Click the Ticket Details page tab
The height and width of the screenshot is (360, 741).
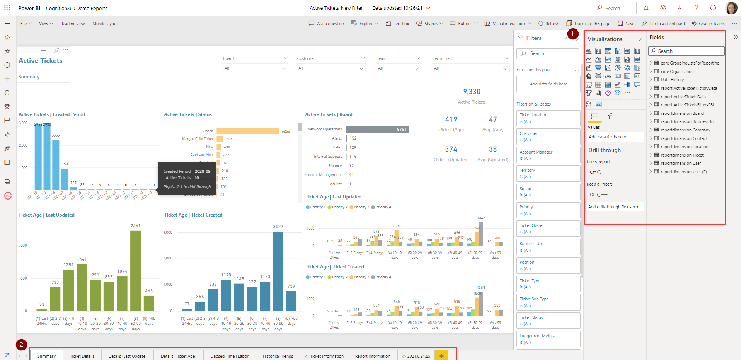82,356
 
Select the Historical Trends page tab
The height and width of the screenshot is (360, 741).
278,356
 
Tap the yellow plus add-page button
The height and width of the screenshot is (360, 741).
441,356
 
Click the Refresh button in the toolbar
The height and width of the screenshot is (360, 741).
549,24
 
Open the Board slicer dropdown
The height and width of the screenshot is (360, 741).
255,68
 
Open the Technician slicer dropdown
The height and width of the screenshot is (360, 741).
470,68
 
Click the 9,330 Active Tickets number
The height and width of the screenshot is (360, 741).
472,92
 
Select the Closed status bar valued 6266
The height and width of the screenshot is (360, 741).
247,131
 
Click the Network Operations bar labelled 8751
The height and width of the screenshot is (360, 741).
377,129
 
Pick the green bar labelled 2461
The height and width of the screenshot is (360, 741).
135,271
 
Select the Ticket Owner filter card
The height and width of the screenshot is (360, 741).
548,229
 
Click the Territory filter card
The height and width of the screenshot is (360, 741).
548,173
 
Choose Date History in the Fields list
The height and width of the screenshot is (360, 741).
672,80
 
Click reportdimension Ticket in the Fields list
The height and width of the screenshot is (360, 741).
682,155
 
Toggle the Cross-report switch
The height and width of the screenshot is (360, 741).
602,172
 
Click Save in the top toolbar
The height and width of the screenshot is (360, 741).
626,24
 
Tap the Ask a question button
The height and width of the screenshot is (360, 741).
326,24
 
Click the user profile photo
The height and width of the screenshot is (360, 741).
731,8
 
